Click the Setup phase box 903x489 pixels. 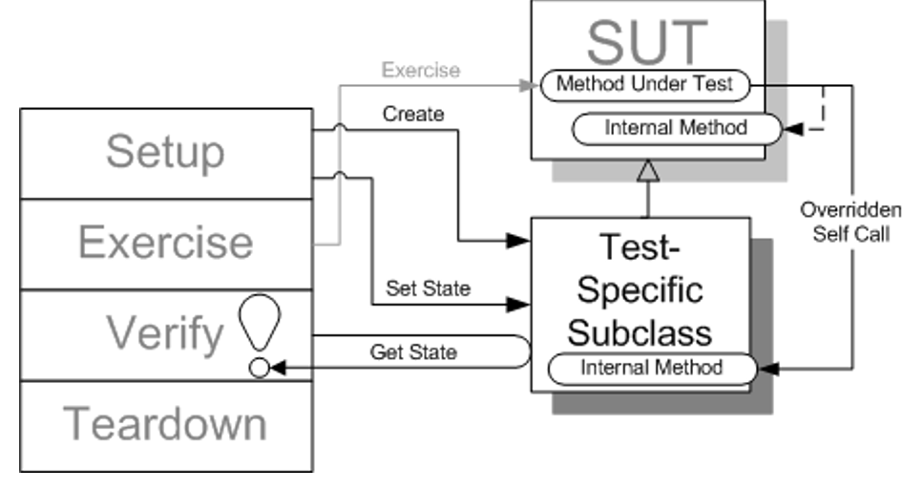click(166, 153)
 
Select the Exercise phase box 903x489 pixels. click(166, 244)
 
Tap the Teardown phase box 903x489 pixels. click(166, 425)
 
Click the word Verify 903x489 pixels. click(165, 333)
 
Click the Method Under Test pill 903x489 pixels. click(644, 84)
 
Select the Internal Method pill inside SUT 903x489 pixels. click(675, 127)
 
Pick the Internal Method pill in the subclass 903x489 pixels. click(651, 367)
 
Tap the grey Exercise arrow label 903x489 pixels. click(420, 70)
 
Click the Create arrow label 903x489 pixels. click(413, 115)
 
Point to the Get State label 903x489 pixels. click(412, 352)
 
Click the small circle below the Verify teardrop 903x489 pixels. click(259, 368)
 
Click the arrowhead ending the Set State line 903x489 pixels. click(518, 305)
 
